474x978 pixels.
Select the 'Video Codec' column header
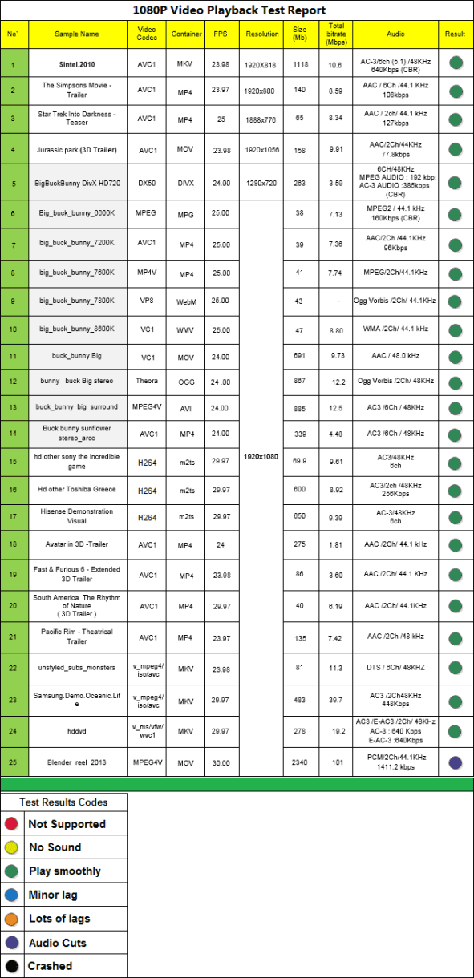point(147,34)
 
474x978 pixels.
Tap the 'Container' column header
point(186,34)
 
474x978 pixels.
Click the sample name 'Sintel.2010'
point(77,62)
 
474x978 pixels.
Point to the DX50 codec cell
point(147,184)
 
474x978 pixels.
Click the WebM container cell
point(186,301)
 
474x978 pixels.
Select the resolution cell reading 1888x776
point(261,119)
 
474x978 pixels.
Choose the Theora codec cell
point(147,381)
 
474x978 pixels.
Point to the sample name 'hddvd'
point(77,730)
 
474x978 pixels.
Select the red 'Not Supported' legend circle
point(11,824)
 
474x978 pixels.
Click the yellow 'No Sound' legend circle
point(11,847)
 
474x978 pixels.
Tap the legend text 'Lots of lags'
point(59,919)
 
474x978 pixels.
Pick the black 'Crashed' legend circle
point(11,966)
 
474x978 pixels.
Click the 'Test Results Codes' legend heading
point(63,802)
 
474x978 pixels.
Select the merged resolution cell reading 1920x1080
point(261,456)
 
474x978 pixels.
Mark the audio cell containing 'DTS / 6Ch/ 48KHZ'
point(394,668)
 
